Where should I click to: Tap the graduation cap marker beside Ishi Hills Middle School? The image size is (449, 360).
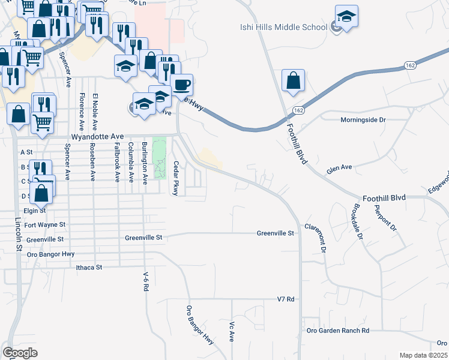tap(346, 16)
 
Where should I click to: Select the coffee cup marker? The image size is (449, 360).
tap(181, 85)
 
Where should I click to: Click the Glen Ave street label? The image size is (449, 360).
tap(339, 170)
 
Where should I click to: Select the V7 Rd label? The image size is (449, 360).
tap(285, 299)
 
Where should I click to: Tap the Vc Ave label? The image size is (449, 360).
tap(231, 331)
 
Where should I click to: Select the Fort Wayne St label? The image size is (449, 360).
tap(44, 224)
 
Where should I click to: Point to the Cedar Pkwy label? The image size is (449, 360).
tap(176, 178)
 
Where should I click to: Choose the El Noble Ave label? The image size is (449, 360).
tap(94, 112)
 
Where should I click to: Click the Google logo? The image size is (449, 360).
tap(20, 353)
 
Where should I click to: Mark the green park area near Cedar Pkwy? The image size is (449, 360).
tap(159, 158)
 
